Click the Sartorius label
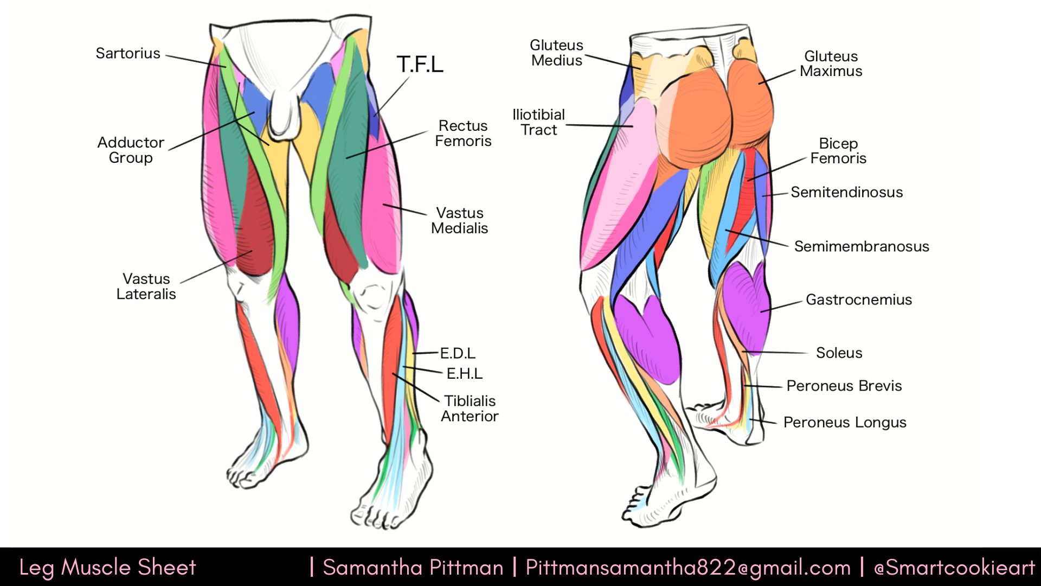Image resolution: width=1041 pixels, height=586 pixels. pyautogui.click(x=128, y=53)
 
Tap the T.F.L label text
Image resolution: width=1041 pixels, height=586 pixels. pyautogui.click(x=420, y=64)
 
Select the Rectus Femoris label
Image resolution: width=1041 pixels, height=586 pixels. pyautogui.click(x=463, y=133)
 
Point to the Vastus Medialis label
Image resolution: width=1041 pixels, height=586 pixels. pyautogui.click(x=459, y=221)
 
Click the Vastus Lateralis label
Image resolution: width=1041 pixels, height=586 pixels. pyautogui.click(x=146, y=286)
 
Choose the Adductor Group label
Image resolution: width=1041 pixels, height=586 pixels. pyautogui.click(x=131, y=150)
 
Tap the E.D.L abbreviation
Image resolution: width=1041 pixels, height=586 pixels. pyautogui.click(x=458, y=354)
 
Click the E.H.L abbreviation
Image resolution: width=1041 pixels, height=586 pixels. pyautogui.click(x=464, y=374)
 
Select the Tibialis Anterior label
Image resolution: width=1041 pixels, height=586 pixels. pyautogui.click(x=470, y=409)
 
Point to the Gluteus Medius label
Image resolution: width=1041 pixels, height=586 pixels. pyautogui.click(x=557, y=53)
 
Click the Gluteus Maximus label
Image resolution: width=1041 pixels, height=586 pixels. pyautogui.click(x=831, y=64)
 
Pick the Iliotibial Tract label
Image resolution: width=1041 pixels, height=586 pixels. pyautogui.click(x=539, y=123)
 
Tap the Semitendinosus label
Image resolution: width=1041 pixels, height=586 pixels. pyautogui.click(x=847, y=193)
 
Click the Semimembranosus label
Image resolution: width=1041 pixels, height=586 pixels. pyautogui.click(x=862, y=247)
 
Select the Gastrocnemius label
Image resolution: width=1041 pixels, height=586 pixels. pyautogui.click(x=859, y=300)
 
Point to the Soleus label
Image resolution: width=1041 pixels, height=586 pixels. pyautogui.click(x=839, y=353)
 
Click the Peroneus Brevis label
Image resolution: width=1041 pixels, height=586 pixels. pyautogui.click(x=844, y=386)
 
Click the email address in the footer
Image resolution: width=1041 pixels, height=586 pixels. pyautogui.click(x=688, y=568)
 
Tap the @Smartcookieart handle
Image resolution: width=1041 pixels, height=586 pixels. pyautogui.click(x=955, y=568)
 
